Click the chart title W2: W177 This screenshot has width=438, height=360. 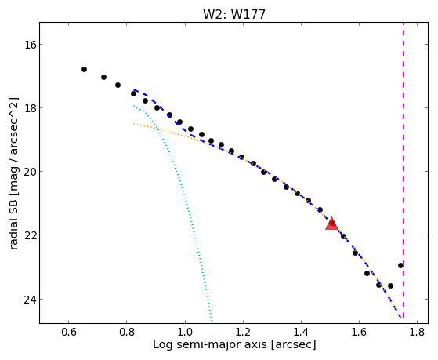tap(234, 14)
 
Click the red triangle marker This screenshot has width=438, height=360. tap(332, 224)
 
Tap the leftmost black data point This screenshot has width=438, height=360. tap(84, 69)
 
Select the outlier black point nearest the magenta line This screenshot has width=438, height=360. tap(400, 265)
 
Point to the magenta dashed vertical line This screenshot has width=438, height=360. tap(403, 170)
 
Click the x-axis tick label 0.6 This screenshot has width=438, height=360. tap(69, 333)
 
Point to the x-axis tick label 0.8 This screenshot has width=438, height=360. tap(127, 333)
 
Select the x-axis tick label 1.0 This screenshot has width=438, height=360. tap(185, 333)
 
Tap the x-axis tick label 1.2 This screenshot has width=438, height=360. tap(243, 333)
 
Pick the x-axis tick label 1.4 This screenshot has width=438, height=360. tap(301, 333)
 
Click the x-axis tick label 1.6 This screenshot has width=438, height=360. tap(359, 333)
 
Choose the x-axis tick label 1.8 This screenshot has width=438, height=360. tap(417, 333)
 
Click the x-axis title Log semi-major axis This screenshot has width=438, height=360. tap(210, 345)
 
